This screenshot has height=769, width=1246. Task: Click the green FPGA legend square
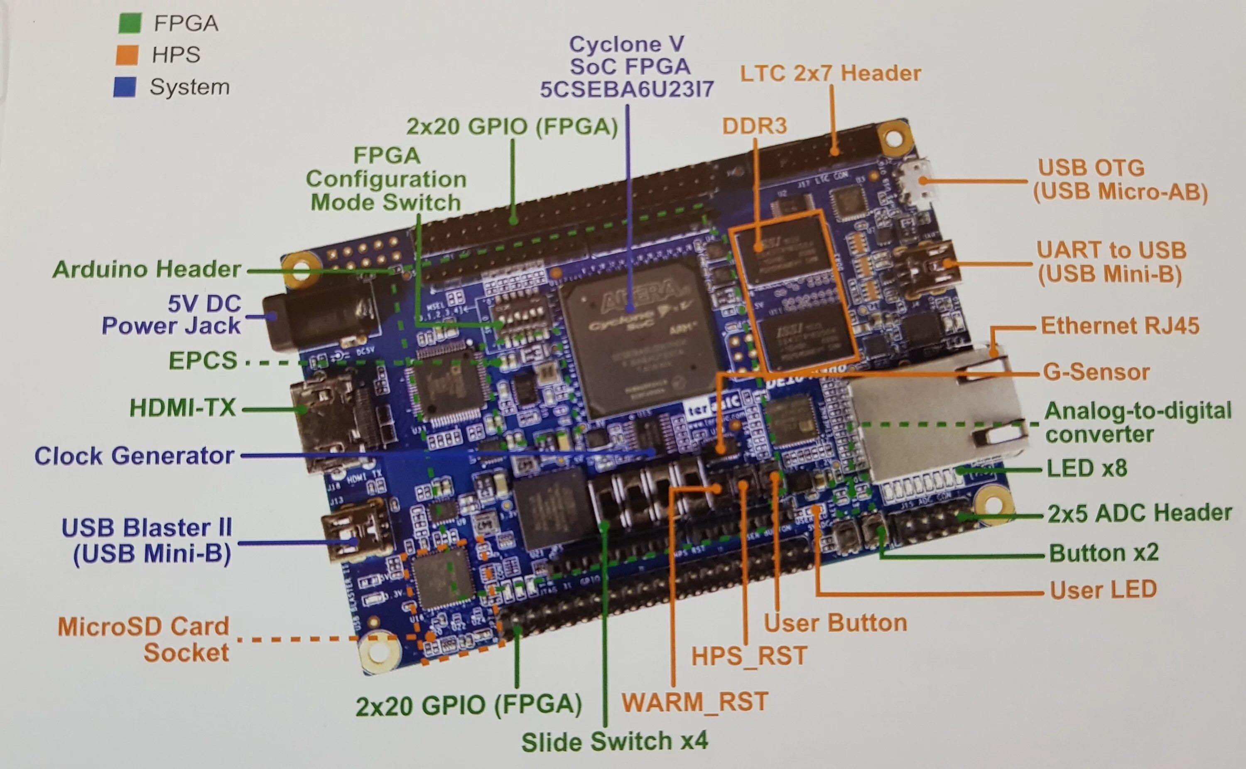129,23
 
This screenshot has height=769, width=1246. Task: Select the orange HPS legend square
127,54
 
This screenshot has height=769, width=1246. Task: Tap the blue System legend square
125,87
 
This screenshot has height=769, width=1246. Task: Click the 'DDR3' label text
754,126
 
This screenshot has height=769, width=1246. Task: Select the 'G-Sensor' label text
1096,372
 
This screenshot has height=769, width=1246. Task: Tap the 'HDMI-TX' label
183,408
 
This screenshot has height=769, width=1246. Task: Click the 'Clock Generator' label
134,456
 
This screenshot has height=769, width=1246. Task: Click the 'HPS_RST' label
748,656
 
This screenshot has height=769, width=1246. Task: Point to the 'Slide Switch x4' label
614,742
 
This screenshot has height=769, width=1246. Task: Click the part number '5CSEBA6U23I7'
627,90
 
